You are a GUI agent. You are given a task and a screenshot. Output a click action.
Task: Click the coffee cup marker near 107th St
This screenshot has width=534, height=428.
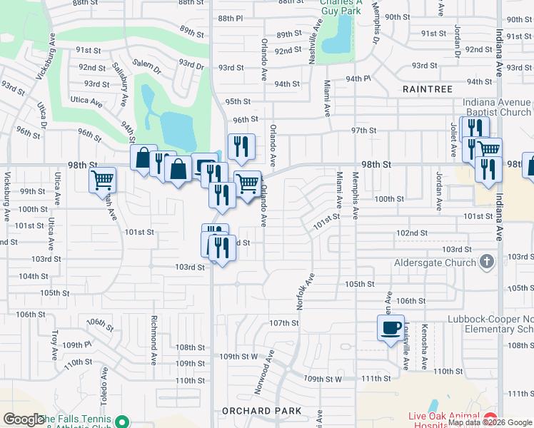tap(391, 328)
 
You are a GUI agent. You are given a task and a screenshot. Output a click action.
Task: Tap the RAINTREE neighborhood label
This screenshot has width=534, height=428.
tap(428, 89)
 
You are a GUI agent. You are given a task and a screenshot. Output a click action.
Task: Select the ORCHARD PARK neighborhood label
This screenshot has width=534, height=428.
tap(256, 411)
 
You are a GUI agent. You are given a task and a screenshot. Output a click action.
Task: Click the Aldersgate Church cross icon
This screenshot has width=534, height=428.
tap(488, 262)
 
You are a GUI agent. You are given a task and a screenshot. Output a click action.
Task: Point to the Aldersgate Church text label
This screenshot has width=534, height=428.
tap(435, 263)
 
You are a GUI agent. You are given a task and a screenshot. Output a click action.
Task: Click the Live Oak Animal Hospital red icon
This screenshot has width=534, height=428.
tap(489, 418)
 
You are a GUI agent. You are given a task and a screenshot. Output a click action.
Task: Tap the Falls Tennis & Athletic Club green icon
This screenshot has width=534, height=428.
tap(122, 422)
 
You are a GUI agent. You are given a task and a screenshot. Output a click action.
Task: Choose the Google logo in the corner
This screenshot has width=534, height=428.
tap(24, 419)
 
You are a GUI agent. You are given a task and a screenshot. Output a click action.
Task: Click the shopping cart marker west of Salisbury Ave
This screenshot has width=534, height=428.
tap(103, 180)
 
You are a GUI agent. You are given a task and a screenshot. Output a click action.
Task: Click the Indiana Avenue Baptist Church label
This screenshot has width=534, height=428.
tap(497, 107)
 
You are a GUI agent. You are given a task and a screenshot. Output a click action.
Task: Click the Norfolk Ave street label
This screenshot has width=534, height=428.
tap(306, 292)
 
